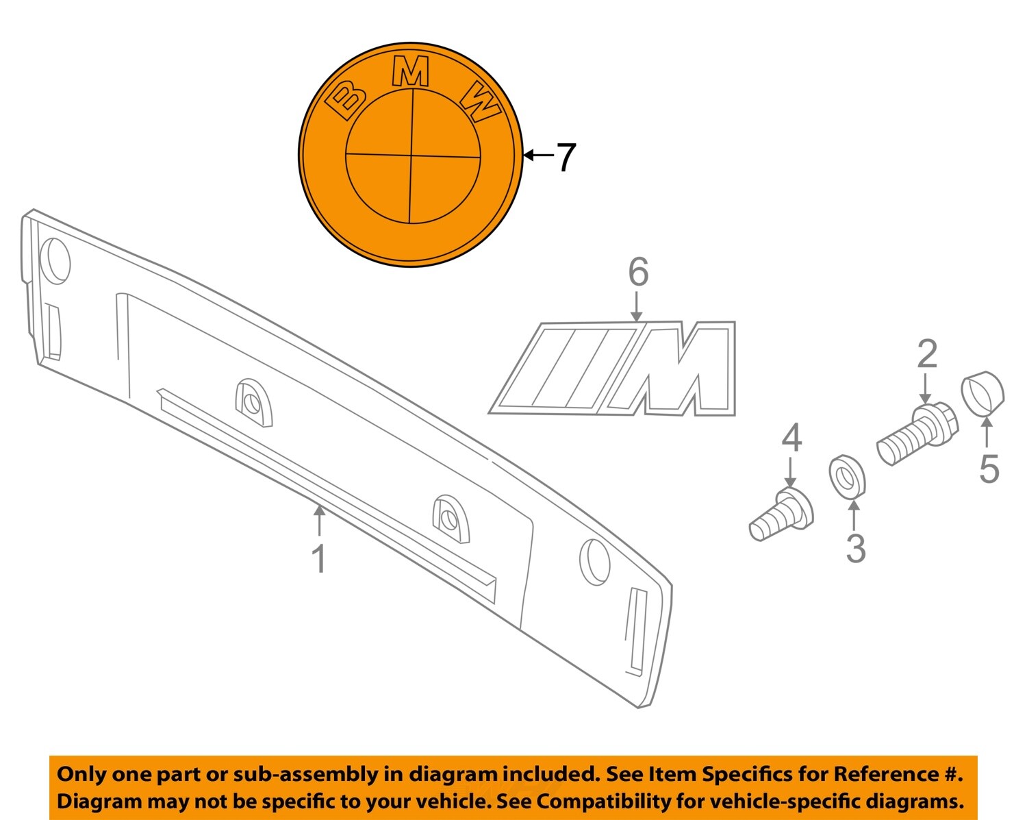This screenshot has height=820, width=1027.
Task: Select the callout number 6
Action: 638,272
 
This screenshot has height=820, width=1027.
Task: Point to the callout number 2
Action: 927,354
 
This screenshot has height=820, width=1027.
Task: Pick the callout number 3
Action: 855,548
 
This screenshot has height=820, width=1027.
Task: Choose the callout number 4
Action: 791,438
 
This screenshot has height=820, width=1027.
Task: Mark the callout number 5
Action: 989,469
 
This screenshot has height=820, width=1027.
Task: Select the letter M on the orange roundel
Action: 411,71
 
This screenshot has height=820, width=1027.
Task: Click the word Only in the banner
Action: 81,774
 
